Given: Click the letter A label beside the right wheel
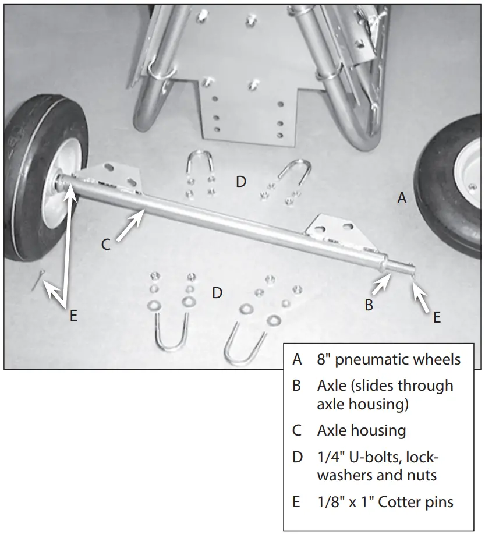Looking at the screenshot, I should [401, 199].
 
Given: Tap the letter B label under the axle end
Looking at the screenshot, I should [369, 305].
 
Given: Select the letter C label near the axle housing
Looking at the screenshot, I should [105, 245].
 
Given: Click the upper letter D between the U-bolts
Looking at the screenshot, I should [240, 182].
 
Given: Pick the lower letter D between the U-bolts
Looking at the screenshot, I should [217, 293].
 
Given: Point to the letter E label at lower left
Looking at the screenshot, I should [73, 316].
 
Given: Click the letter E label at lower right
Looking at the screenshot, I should [437, 317].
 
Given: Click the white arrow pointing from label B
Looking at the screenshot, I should [380, 285].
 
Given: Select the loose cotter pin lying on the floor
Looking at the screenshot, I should [37, 282].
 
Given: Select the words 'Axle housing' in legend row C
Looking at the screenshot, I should [361, 430].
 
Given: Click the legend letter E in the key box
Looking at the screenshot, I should [297, 501].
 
